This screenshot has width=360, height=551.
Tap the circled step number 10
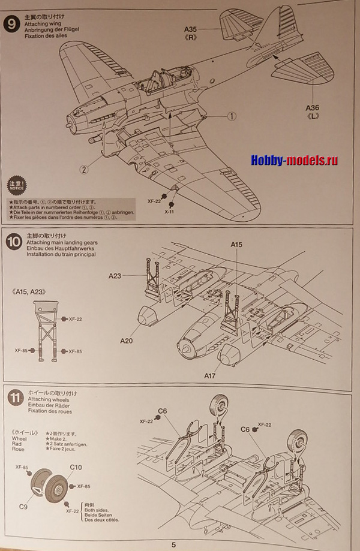[13, 242]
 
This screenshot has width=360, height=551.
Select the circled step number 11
[13, 398]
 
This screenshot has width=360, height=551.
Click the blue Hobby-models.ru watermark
[294, 161]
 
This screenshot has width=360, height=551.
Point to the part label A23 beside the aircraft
[115, 276]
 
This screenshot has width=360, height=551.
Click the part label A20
[127, 341]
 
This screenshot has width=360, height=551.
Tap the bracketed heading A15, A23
[29, 291]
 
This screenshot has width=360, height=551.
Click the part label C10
[76, 467]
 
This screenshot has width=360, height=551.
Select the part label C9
[23, 507]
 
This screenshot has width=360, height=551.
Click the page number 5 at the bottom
[174, 544]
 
